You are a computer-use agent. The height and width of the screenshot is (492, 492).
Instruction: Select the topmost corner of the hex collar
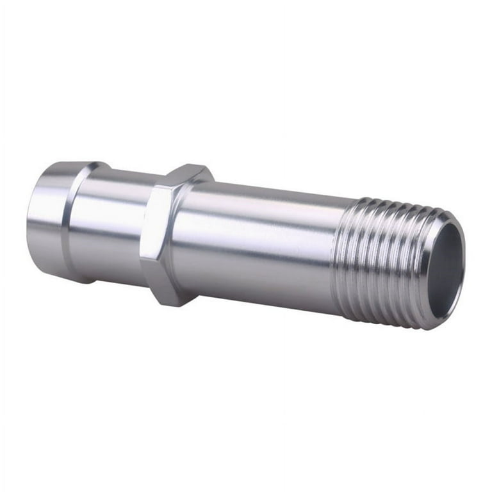tap(192, 165)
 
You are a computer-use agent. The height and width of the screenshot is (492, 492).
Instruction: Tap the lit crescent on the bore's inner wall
tap(452, 282)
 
